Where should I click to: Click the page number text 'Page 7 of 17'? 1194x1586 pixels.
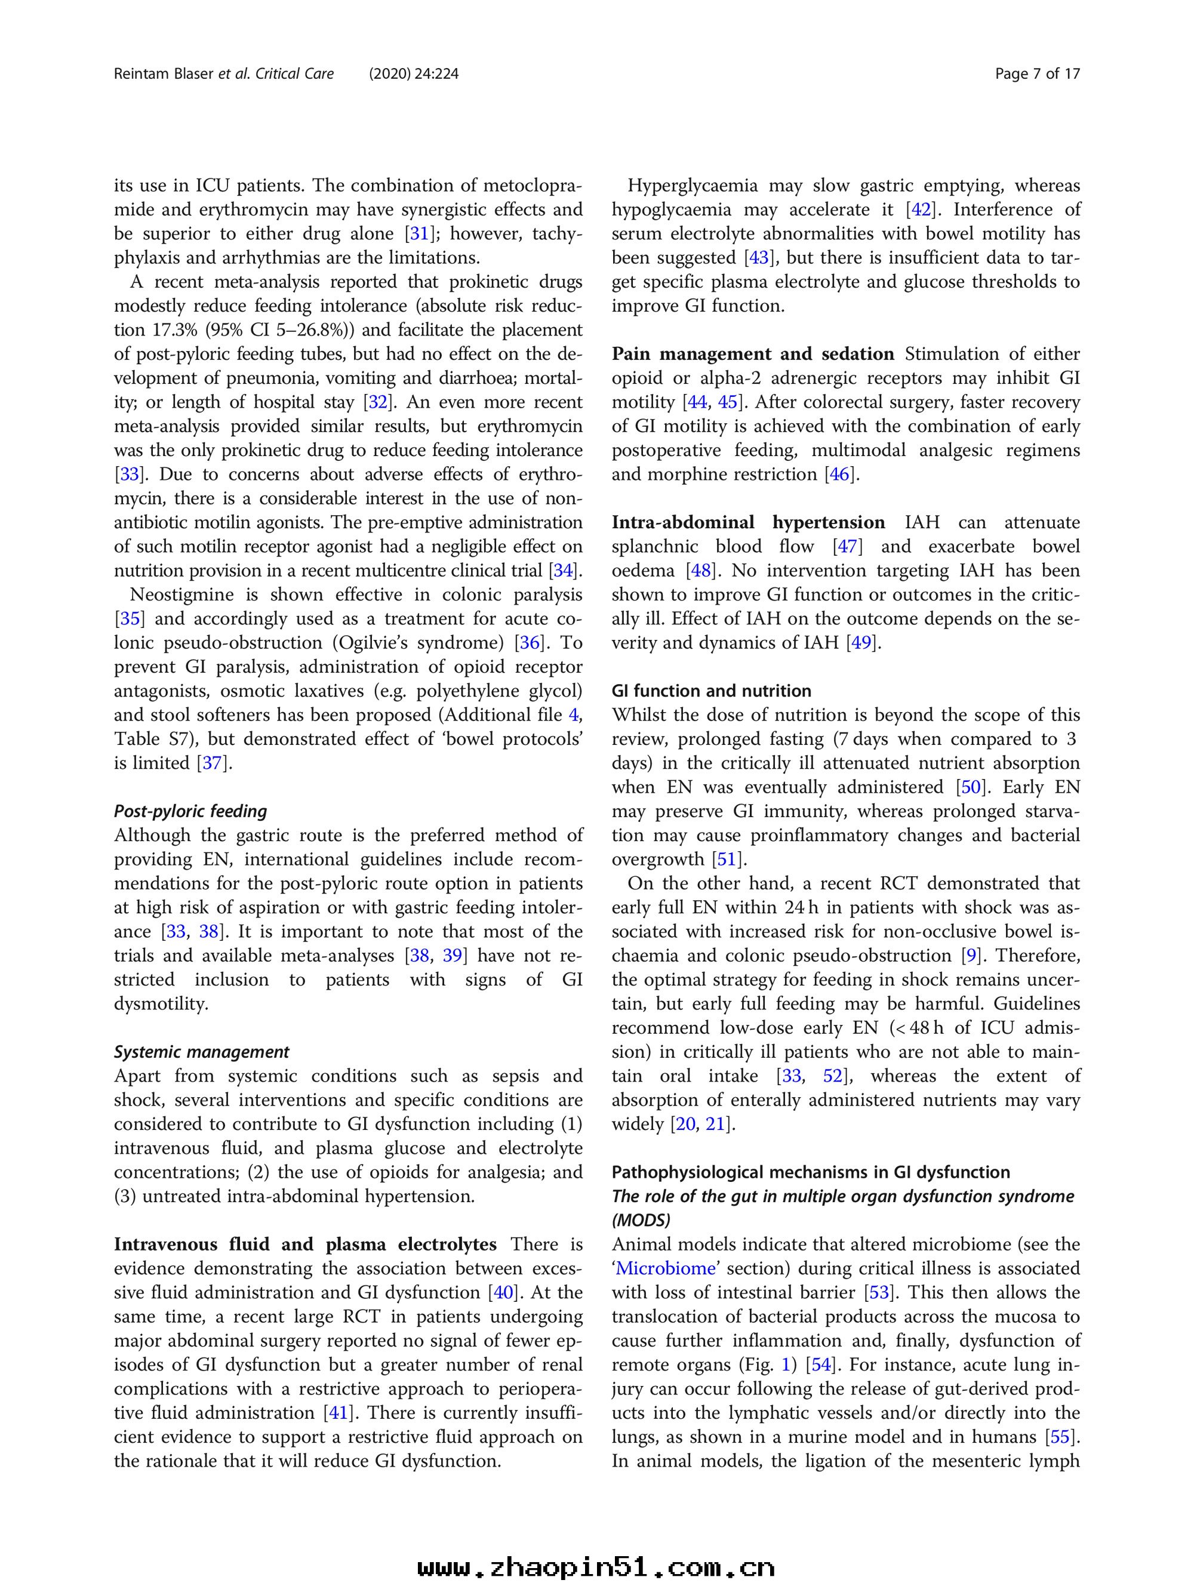[1037, 74]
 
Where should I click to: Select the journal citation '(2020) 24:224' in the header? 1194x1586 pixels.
[414, 74]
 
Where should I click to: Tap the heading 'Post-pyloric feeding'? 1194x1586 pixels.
[190, 811]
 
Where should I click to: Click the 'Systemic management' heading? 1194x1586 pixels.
[202, 1052]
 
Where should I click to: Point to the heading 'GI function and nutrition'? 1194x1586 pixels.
[712, 691]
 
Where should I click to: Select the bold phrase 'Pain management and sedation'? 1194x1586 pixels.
[752, 354]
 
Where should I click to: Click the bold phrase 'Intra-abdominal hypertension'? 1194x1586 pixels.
[748, 523]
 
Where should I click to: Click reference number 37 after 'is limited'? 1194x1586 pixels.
[213, 763]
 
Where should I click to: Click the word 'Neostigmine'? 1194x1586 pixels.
[181, 595]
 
